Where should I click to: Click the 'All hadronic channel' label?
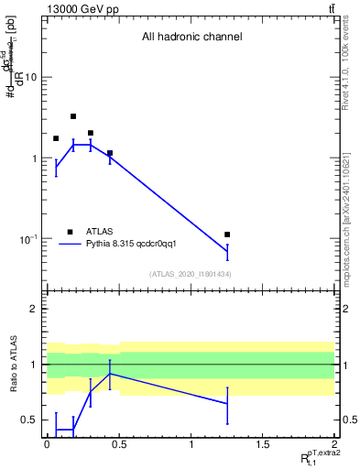pyautogui.click(x=191, y=37)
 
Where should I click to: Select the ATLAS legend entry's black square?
pyautogui.click(x=70, y=232)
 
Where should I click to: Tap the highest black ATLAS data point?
pyautogui.click(x=73, y=116)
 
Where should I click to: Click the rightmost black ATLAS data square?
pyautogui.click(x=227, y=234)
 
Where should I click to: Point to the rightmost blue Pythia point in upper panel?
pyautogui.click(x=227, y=251)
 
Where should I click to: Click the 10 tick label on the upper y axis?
pyautogui.click(x=30, y=77)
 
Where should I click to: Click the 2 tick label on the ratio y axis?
pyautogui.click(x=35, y=309)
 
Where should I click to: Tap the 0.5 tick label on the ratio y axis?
pyautogui.click(x=29, y=420)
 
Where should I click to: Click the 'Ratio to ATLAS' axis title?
pyautogui.click(x=14, y=364)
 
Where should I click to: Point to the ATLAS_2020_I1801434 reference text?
pyautogui.click(x=191, y=275)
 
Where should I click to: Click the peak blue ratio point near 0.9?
pyautogui.click(x=110, y=374)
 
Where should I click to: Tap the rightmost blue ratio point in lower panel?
pyautogui.click(x=227, y=404)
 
